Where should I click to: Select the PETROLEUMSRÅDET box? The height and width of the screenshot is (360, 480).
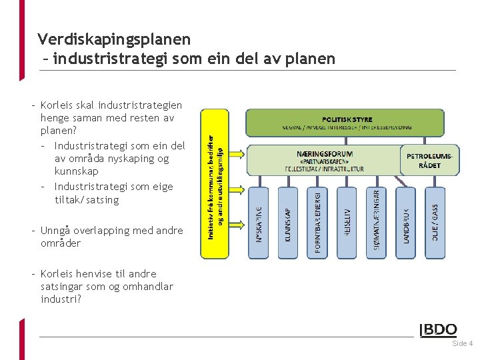(x=429, y=160)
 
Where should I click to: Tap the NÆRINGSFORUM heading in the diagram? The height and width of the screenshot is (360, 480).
(x=324, y=154)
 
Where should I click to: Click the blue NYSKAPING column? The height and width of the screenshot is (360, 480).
(x=259, y=223)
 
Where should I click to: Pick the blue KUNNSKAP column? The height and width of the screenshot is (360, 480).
(x=288, y=223)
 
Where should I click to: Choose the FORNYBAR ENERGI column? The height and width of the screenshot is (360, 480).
(x=317, y=223)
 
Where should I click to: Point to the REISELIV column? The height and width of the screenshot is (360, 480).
(x=347, y=223)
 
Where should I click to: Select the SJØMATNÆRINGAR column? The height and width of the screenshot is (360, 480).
(x=376, y=223)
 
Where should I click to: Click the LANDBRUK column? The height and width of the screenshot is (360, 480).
(x=405, y=223)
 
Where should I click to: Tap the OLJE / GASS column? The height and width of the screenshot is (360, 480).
(x=434, y=223)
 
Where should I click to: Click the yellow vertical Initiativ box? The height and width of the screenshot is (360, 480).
(x=215, y=183)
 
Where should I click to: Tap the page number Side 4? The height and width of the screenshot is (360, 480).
(x=462, y=344)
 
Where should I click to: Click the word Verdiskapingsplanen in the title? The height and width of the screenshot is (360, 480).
(x=114, y=39)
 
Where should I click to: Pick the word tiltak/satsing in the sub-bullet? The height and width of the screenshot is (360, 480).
(x=87, y=199)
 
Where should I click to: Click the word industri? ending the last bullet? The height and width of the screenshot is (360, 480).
(x=61, y=299)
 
